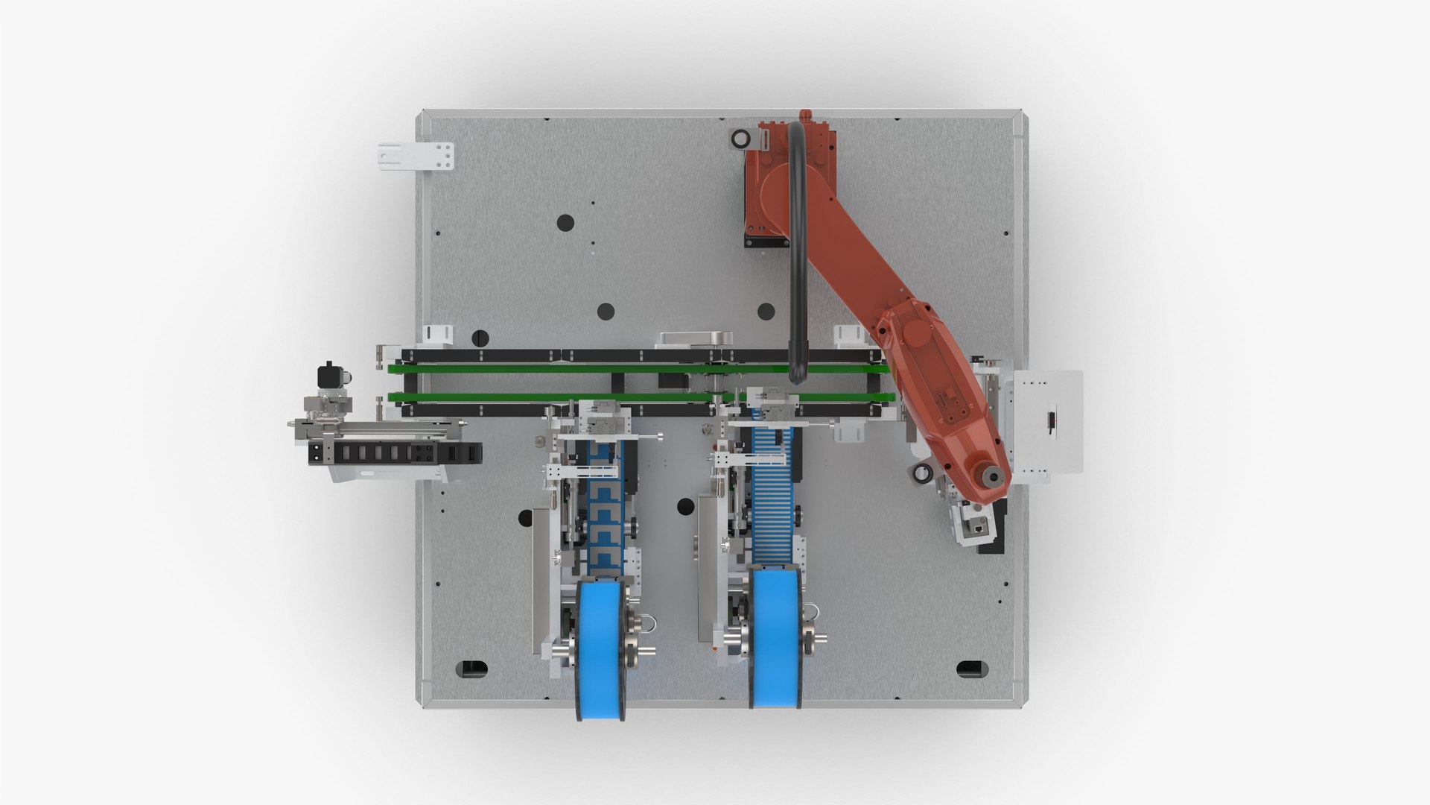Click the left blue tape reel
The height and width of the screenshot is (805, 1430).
[x=600, y=648]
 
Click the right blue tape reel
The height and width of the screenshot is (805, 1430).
[x=775, y=637]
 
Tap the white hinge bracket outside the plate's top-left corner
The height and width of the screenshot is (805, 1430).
[x=416, y=156]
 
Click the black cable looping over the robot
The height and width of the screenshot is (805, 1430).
[x=797, y=246]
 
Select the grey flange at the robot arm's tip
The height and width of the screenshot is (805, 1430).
[x=991, y=476]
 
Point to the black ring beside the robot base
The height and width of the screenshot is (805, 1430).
[x=740, y=139]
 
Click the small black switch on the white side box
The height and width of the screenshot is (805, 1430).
[x=1052, y=420]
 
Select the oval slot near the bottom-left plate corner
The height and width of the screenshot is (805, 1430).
[x=471, y=668]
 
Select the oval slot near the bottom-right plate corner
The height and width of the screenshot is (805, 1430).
[x=971, y=668]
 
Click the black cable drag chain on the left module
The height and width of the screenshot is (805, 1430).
[x=395, y=452]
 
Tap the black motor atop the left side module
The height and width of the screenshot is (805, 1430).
[x=328, y=375]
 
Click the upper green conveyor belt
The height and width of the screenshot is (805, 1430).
[x=559, y=368]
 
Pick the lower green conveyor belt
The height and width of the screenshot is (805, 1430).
[x=559, y=397]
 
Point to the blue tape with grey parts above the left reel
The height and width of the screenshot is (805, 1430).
[x=605, y=514]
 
